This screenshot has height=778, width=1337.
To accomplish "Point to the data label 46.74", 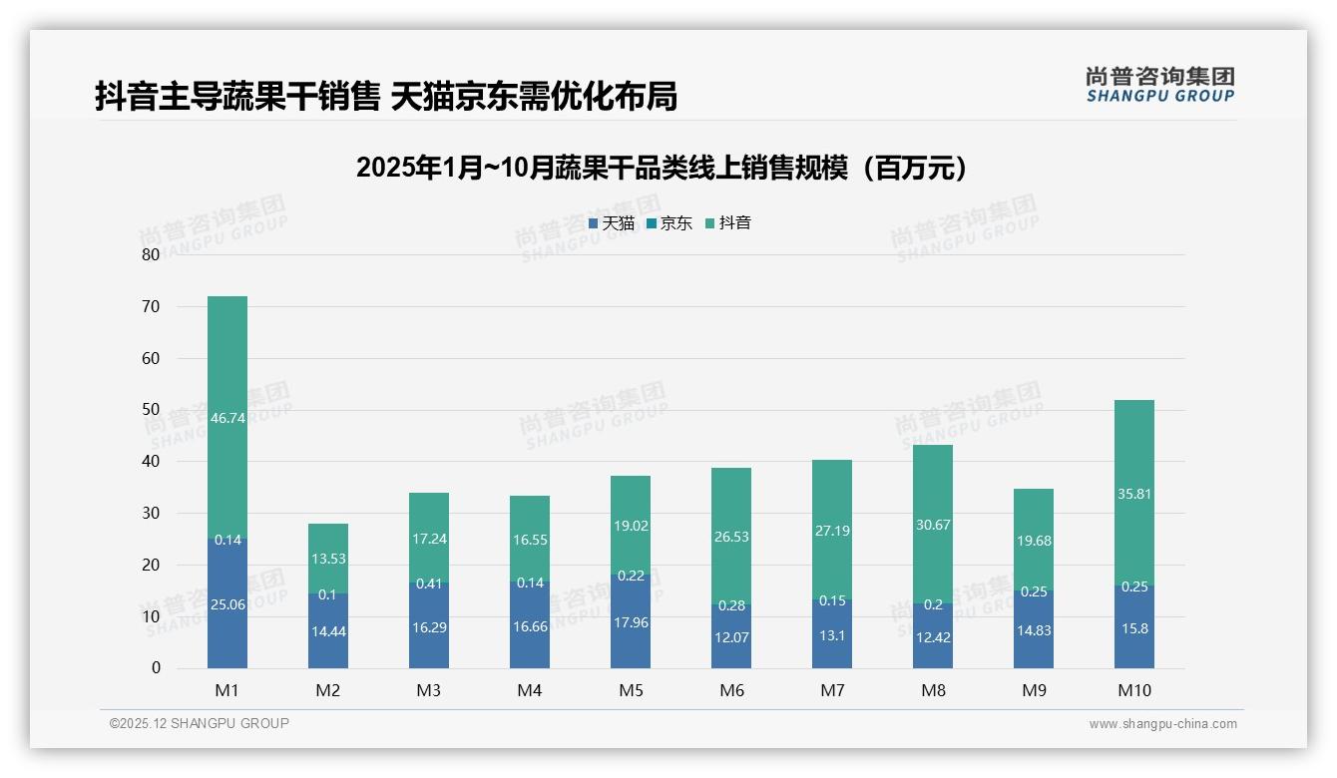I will (x=227, y=419).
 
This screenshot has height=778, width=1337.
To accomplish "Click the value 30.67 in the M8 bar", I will (x=933, y=526).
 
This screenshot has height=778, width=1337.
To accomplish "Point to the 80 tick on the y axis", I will (x=151, y=254).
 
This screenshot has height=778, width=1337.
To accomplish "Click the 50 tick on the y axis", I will (x=151, y=410).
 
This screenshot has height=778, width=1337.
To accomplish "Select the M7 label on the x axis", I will (x=832, y=690).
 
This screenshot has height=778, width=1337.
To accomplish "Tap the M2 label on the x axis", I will (x=328, y=690).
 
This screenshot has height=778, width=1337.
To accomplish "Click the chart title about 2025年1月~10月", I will (x=662, y=168).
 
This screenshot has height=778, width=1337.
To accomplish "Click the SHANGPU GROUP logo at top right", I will (x=1160, y=85).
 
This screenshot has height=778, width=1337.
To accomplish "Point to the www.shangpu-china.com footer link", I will (x=1162, y=724).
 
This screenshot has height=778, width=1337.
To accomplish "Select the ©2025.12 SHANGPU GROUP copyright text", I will (x=200, y=724).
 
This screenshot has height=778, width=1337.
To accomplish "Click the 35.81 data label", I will (x=1134, y=494).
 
